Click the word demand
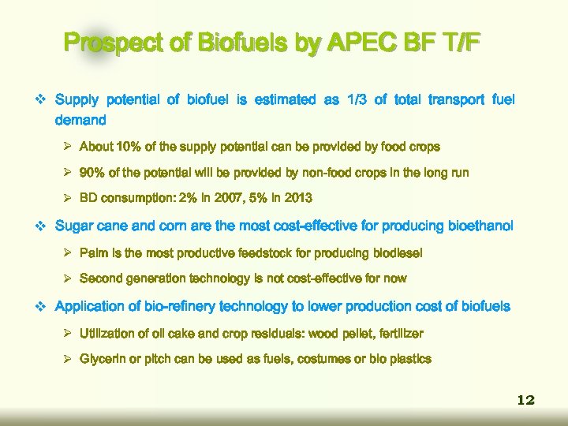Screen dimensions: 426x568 click(x=80, y=120)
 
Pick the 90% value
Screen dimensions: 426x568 click(x=92, y=173)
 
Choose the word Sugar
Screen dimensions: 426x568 click(x=75, y=226)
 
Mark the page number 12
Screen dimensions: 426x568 click(x=525, y=400)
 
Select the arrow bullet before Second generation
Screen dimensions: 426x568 click(x=69, y=278)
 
